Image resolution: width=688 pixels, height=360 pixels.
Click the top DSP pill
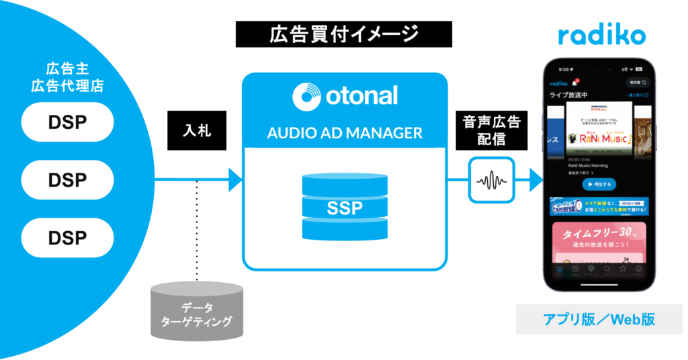pos(67,122)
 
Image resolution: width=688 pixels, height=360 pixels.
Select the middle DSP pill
pos(67,180)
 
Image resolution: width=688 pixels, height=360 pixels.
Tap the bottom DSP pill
pos(67,237)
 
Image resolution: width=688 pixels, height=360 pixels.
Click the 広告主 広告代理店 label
pos(67,77)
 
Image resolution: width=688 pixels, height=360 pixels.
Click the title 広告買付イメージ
pos(343,34)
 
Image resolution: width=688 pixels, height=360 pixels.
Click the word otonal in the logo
pos(363,95)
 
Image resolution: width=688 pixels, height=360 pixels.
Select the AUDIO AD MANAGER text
pos(345,132)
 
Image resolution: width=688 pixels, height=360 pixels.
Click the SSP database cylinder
pos(345,206)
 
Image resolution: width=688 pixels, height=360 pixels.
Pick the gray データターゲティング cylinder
pos(196,313)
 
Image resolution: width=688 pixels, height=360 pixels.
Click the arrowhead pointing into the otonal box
pos(234,180)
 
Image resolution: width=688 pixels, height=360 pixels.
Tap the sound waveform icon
pos(491,180)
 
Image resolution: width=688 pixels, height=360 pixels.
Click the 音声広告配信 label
pos(491,130)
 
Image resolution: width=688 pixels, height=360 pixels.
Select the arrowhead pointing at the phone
pos(535,180)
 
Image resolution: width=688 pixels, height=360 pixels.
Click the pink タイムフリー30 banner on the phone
pos(598,242)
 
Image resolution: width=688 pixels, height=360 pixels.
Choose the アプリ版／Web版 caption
pos(599,320)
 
